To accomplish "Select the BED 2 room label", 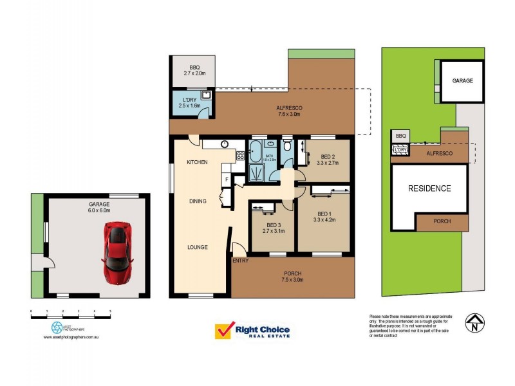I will (328, 160).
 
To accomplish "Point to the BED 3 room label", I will (272, 227).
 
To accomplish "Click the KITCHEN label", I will (197, 163).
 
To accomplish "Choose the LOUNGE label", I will (197, 247).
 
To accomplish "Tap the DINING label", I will (198, 201).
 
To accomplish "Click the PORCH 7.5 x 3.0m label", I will (293, 277).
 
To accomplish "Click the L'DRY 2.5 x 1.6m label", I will (189, 102).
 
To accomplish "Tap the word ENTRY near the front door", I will (240, 261).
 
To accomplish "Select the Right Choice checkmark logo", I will (223, 331).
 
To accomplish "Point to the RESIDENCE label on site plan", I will (429, 188).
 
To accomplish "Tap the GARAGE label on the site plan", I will (462, 81).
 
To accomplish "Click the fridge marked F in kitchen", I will (226, 179).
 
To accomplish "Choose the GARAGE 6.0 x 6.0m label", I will (100, 207).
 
